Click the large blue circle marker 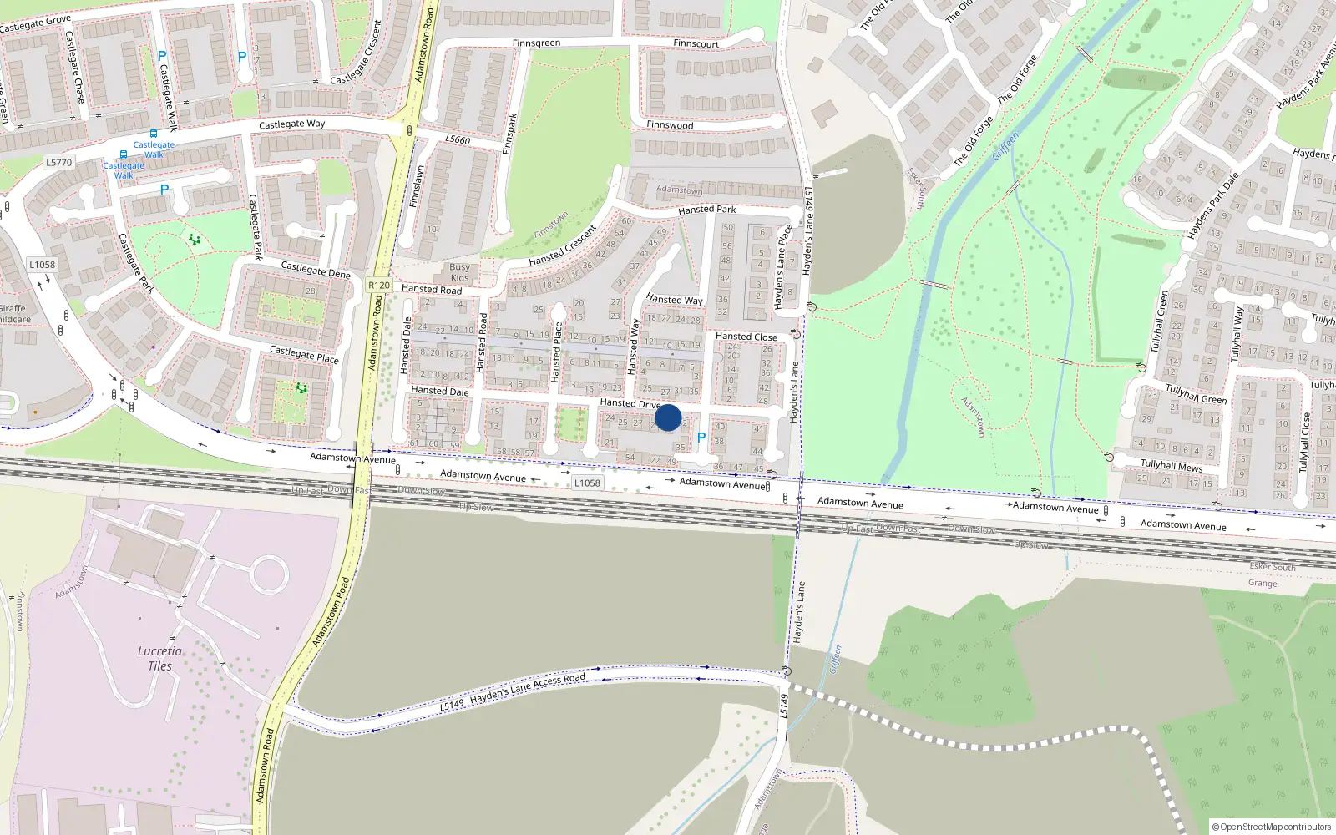click(668, 417)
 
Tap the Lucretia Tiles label click(159, 658)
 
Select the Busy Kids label click(459, 272)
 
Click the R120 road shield click(379, 285)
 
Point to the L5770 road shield click(58, 162)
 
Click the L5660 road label click(458, 139)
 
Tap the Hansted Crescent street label click(562, 245)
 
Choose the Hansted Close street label click(746, 337)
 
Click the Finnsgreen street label click(536, 43)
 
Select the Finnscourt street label click(696, 43)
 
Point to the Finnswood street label click(670, 125)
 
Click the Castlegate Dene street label click(316, 270)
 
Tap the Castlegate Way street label click(291, 124)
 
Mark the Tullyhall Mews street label click(1172, 465)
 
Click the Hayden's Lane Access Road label click(527, 686)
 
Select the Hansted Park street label click(707, 210)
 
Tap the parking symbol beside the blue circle click(701, 438)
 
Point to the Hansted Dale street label click(439, 391)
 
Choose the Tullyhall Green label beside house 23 click(1196, 394)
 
